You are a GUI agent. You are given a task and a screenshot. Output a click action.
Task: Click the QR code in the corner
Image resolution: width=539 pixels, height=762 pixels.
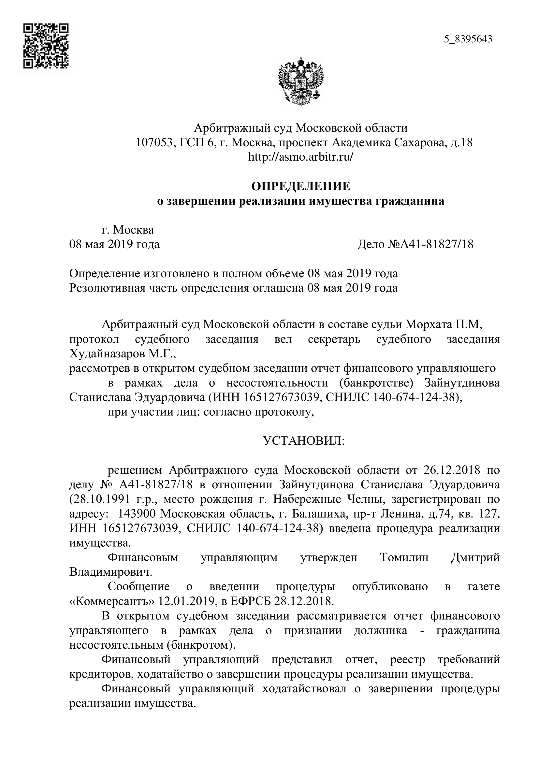(x=46, y=46)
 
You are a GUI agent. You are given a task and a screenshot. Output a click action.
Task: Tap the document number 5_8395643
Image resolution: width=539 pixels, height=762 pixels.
(x=468, y=39)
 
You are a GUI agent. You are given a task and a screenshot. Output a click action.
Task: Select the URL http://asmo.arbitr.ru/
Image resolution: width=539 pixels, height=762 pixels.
(x=301, y=157)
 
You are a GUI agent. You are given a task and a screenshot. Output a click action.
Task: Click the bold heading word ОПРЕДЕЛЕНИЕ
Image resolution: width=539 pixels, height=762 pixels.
(x=301, y=187)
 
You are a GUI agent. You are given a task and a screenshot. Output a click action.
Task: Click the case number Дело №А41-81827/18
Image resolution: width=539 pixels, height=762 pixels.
(x=415, y=245)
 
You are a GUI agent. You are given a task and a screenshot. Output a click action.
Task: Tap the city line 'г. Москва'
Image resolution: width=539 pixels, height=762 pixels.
(x=128, y=230)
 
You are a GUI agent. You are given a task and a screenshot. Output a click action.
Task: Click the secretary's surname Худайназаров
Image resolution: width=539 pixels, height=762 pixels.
(x=107, y=354)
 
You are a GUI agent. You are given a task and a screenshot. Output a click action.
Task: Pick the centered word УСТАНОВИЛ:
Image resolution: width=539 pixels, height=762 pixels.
(x=304, y=441)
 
